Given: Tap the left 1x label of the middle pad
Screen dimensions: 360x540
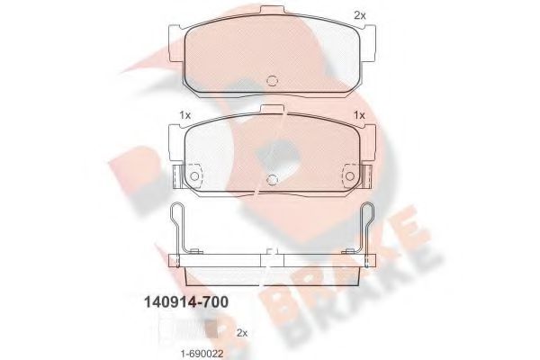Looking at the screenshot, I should point(184,115).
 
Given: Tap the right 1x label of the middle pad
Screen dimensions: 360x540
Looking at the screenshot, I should point(358,115).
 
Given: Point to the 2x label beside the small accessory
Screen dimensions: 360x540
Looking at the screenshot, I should point(241,332).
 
